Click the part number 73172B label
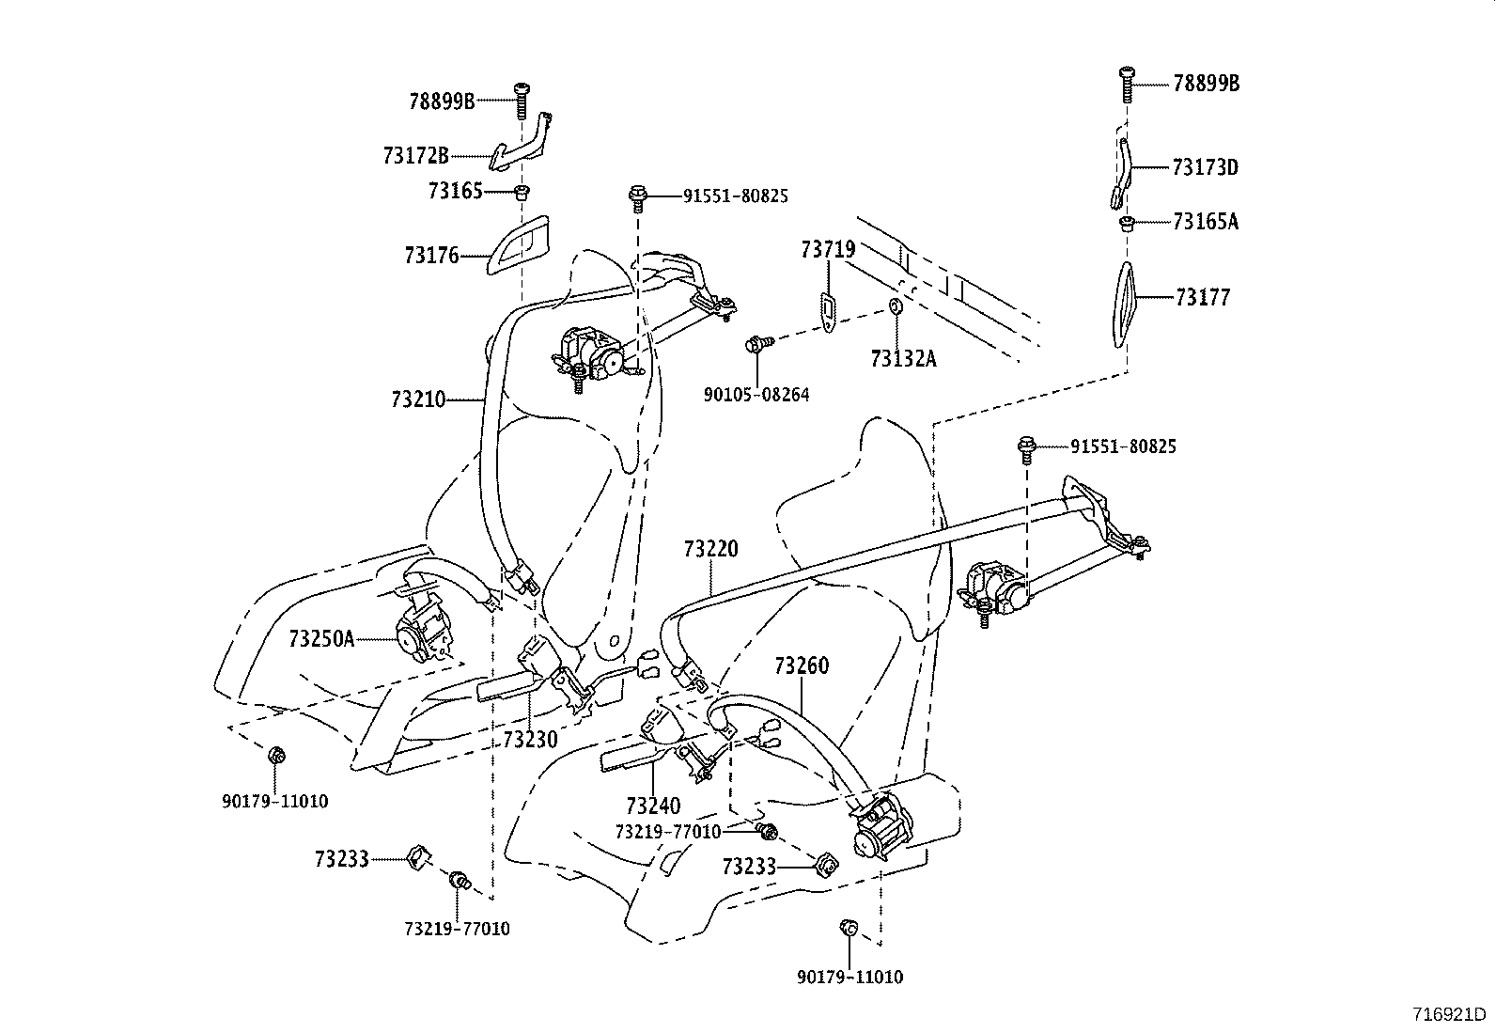tap(415, 155)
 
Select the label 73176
tap(431, 255)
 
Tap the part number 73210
tap(417, 399)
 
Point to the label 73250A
tap(321, 639)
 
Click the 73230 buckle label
tap(530, 739)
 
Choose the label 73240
tap(653, 806)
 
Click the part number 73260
tap(802, 666)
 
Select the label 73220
tap(711, 549)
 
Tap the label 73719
tap(828, 249)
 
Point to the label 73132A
tap(903, 358)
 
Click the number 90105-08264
tap(756, 395)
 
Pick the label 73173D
tap(1206, 167)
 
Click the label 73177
tap(1202, 298)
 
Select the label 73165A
tap(1206, 222)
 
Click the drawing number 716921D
tap(1450, 1014)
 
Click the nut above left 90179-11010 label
tap(276, 755)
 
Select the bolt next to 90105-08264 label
tap(757, 344)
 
